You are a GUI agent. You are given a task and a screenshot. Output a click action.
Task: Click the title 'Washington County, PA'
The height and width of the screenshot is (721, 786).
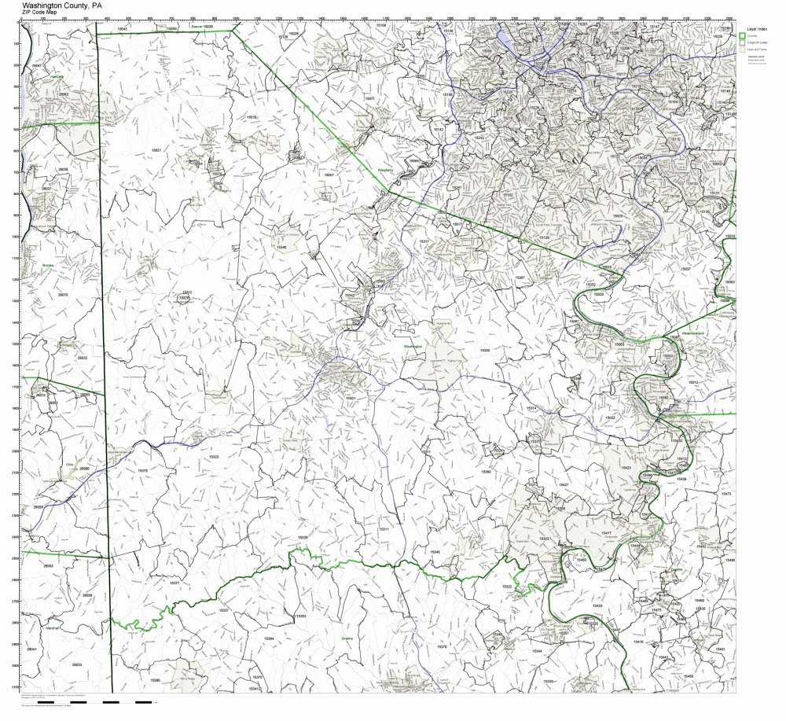63,4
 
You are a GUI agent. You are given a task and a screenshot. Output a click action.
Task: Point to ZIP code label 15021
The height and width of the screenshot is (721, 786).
156,149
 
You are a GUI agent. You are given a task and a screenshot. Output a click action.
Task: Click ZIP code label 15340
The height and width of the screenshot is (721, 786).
281,248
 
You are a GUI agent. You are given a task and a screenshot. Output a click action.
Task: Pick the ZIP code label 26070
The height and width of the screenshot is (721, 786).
63,295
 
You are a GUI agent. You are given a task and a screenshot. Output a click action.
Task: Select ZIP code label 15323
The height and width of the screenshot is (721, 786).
213,456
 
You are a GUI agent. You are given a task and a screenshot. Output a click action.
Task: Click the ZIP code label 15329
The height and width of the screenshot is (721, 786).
302,537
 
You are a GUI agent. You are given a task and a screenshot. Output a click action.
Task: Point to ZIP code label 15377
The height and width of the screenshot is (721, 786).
174,583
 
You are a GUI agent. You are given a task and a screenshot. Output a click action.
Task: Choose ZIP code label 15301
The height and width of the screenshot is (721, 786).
351,399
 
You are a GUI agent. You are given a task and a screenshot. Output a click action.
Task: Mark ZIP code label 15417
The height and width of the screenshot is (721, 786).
606,533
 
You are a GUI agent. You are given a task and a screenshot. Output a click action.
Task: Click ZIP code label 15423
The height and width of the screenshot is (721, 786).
626,468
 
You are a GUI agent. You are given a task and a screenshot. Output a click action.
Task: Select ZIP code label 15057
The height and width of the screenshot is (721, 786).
329,175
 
